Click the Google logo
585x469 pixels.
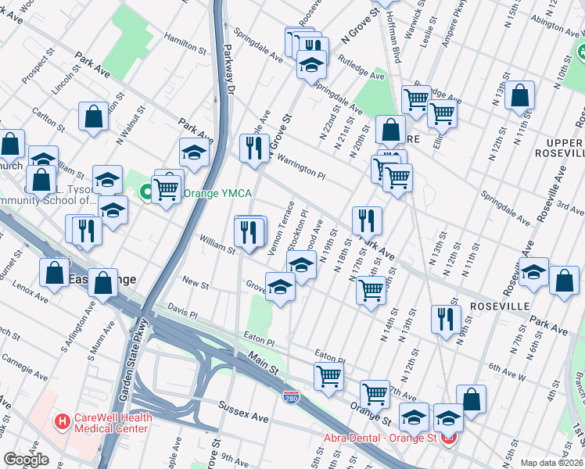(26, 460)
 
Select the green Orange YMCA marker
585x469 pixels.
(145, 192)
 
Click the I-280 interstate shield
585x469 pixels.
(291, 397)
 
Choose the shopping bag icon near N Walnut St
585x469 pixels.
(94, 117)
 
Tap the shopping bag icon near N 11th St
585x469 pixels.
(520, 96)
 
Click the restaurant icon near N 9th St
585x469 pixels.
(445, 319)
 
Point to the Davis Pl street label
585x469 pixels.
(182, 312)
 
